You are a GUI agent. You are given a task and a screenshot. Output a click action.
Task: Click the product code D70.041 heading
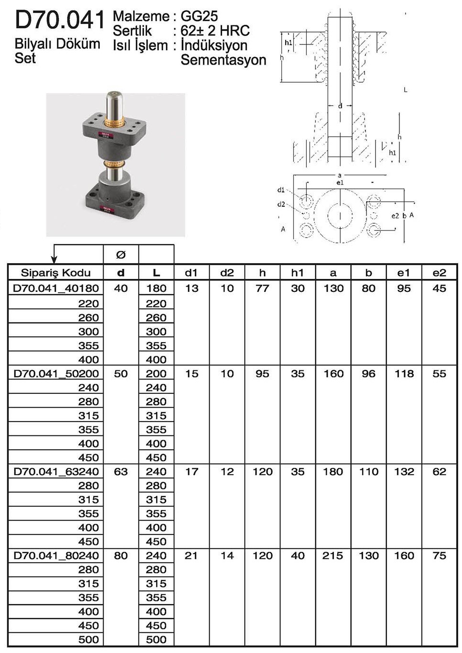pos(59,20)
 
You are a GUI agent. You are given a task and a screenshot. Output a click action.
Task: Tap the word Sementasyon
pos(223,60)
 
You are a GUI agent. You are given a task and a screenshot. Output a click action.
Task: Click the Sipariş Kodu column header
pos(55,273)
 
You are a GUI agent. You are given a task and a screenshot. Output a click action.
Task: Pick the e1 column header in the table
pos(404,273)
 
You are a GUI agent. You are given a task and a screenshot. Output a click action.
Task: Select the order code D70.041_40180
pos(56,288)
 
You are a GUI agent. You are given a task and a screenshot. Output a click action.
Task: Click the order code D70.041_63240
pos(56,472)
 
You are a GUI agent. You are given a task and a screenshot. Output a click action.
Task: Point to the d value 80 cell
pos(121,556)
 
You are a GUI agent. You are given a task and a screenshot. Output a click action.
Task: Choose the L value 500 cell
pos(156,640)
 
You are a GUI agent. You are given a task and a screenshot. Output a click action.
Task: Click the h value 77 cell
pos(262,288)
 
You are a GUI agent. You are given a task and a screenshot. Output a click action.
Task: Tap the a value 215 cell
pos(333,556)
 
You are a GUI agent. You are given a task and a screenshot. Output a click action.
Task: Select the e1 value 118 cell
pos(404,374)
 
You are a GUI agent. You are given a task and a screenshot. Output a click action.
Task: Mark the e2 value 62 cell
pos(439,472)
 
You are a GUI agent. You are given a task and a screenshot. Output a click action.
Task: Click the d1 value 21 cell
pos(191,556)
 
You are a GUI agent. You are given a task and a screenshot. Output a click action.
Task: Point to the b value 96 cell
pos(368,374)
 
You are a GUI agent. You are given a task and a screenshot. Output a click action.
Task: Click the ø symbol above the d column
pos(121,255)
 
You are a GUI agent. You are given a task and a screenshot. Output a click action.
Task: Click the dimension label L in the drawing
pos(406,90)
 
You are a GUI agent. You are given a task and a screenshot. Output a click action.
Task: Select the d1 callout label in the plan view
pos(281,190)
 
